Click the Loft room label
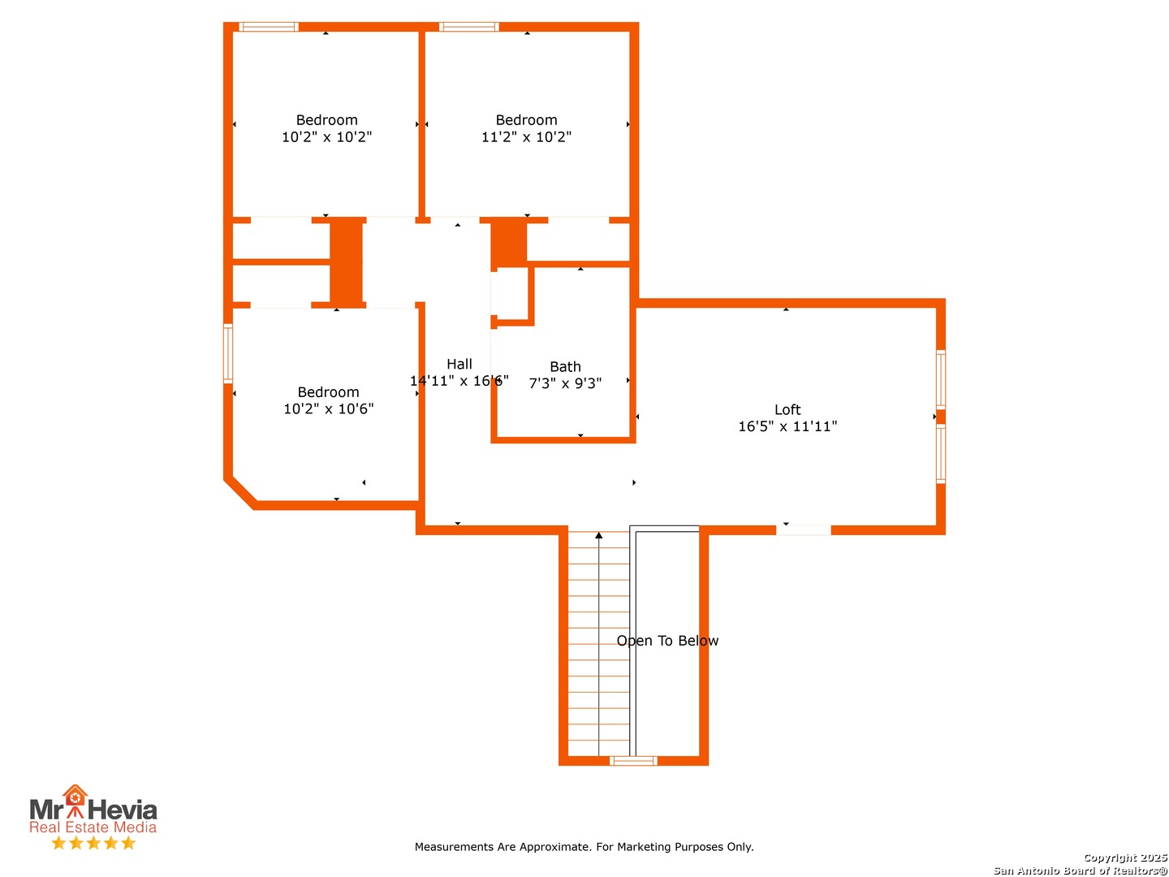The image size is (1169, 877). (x=787, y=409)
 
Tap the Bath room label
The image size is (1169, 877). (x=565, y=366)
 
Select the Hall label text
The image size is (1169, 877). (x=459, y=364)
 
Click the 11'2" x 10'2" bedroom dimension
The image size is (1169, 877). (x=526, y=137)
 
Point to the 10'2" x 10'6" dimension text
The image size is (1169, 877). (x=328, y=408)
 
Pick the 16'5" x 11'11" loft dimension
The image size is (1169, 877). (x=787, y=426)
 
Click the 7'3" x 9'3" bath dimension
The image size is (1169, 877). (x=565, y=382)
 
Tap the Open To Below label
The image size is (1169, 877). (x=667, y=641)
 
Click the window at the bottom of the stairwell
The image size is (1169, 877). (x=632, y=760)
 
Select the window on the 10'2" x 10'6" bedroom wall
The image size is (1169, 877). (x=228, y=353)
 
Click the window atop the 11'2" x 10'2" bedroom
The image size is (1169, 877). (x=468, y=27)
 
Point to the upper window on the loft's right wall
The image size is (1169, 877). (x=941, y=379)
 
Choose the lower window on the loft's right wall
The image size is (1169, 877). (x=941, y=454)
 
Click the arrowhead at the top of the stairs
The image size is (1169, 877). (x=598, y=535)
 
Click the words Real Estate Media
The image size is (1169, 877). (x=93, y=827)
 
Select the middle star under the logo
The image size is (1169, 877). (x=93, y=842)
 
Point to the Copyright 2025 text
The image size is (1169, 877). (x=1125, y=858)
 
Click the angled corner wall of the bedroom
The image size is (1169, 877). (x=239, y=494)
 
